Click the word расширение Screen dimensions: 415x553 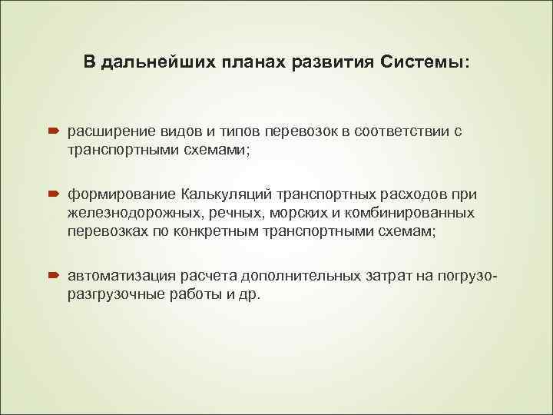pos(112,131)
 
